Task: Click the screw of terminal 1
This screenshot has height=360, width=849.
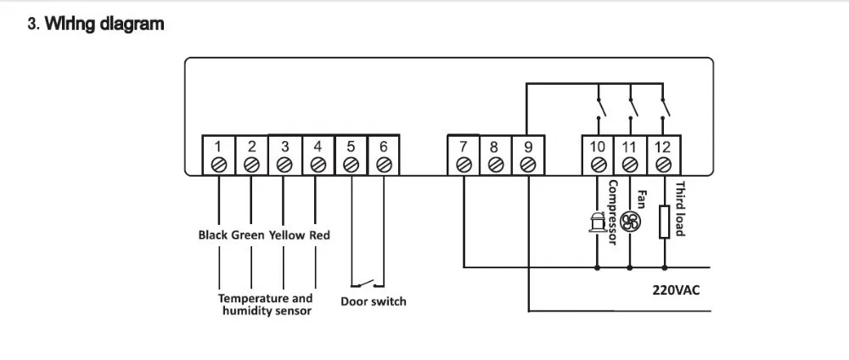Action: (219, 165)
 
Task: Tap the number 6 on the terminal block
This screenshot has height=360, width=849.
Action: (384, 147)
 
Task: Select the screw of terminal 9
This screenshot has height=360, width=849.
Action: (528, 165)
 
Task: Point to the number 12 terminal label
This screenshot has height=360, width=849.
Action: (663, 147)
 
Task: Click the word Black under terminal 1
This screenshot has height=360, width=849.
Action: (213, 235)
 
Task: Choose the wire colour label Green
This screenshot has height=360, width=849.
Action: (248, 235)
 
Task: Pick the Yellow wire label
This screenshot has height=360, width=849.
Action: (287, 235)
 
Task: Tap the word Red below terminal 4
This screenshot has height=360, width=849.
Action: (319, 235)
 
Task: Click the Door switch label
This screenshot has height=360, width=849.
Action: (373, 301)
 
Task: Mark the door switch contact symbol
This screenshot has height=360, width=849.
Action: (368, 283)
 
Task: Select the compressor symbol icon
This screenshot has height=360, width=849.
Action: (596, 222)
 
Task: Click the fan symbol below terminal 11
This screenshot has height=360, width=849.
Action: (630, 222)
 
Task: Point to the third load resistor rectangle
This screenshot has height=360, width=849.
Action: (665, 222)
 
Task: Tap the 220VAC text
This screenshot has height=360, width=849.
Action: (676, 290)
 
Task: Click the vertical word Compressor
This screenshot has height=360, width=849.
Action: (613, 213)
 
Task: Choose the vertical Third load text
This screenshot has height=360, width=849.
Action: (680, 208)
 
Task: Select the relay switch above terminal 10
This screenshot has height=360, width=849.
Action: (599, 107)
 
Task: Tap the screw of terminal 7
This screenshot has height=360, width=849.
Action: (464, 165)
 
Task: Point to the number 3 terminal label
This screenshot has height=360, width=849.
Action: (284, 147)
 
